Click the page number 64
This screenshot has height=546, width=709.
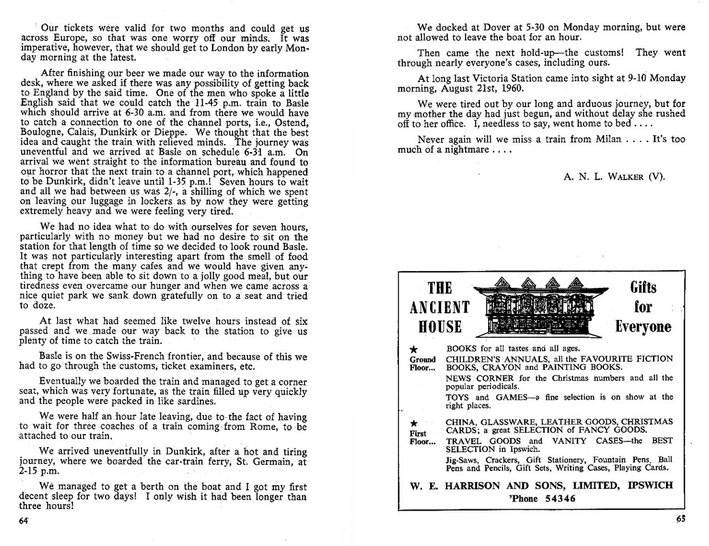pos(24,520)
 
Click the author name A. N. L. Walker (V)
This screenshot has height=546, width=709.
pos(615,177)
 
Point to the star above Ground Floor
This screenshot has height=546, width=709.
pos(413,349)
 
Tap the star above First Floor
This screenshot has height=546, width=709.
pos(413,423)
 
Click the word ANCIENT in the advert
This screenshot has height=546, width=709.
pos(440,307)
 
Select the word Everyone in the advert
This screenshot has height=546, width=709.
pos(643,326)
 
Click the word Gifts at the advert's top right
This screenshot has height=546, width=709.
pos(643,287)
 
